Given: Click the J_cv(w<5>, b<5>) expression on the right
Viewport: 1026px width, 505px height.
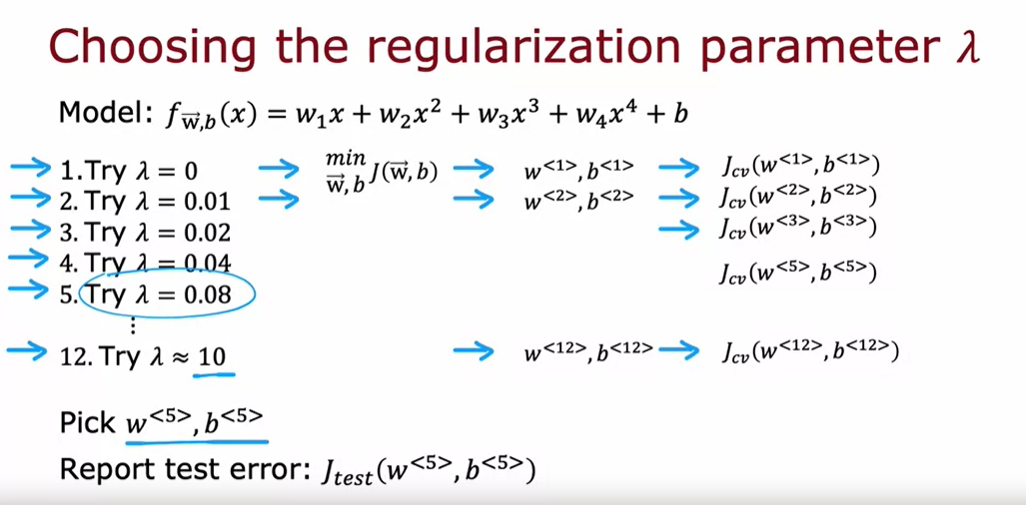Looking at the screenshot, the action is coord(796,272).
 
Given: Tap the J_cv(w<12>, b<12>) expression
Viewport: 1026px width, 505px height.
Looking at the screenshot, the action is coord(808,351).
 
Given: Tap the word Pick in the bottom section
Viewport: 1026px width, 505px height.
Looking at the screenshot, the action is coord(87,422).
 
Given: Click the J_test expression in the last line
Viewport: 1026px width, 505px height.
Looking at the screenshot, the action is coord(430,469).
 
